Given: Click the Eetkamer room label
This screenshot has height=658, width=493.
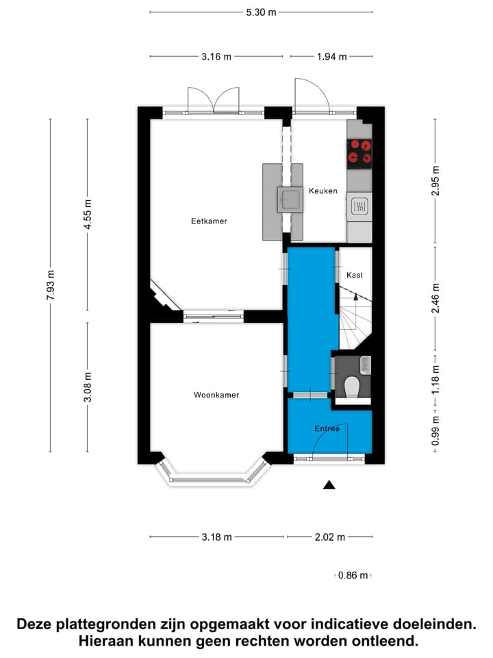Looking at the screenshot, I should (209, 221).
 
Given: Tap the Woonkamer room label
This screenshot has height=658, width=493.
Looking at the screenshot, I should (216, 395).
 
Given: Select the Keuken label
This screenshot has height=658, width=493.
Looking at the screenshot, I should (323, 191).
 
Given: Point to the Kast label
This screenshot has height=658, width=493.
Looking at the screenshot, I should (354, 275).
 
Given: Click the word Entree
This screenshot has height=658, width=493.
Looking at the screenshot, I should (327, 428).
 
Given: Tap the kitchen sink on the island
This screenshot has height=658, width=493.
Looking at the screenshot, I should (288, 199).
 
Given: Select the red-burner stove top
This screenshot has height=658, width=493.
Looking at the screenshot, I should (359, 154).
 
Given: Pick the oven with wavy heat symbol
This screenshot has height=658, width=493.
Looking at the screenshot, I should (359, 206).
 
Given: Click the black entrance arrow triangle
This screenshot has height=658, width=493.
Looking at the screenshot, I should (329, 485).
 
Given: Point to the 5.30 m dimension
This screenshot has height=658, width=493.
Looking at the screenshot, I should (261, 12).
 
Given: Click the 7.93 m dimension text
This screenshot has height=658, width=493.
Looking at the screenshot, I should (51, 285).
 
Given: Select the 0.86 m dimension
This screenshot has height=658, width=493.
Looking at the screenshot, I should (353, 576).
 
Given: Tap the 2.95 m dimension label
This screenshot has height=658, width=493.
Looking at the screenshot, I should (435, 181).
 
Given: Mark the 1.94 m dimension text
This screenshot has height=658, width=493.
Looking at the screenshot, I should (331, 57).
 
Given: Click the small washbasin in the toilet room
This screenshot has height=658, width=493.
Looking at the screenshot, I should (365, 364).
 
